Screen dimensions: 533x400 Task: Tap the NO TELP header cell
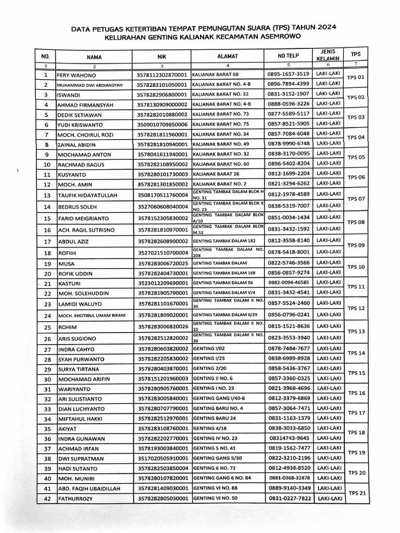click(x=288, y=55)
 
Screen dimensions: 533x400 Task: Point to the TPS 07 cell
click(x=356, y=199)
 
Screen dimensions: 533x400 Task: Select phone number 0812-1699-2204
click(x=289, y=173)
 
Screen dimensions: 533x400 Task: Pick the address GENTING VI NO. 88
click(x=215, y=488)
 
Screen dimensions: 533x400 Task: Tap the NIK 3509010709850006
click(x=161, y=124)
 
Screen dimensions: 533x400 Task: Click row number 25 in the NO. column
click(x=47, y=327)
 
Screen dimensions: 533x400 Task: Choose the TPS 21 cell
click(x=357, y=493)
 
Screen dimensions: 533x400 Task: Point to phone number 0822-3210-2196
click(x=289, y=458)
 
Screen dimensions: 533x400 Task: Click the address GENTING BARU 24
click(x=214, y=418)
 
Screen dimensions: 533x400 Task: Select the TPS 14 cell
click(x=356, y=353)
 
